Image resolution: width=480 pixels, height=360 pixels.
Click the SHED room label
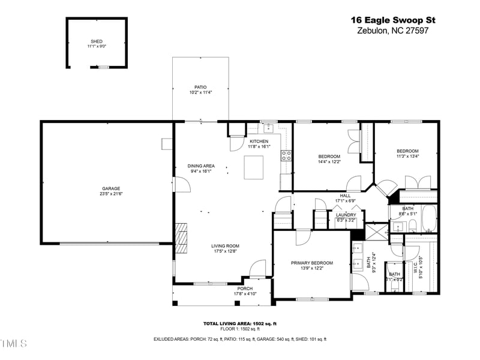tap(96, 41)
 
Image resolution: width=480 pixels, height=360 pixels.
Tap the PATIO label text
tap(200, 87)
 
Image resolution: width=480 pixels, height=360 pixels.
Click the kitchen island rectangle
tap(253, 167)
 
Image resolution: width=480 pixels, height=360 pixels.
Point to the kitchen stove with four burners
tap(286, 156)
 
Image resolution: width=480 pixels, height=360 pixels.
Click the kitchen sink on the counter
tap(266, 128)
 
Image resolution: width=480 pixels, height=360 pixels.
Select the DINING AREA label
tap(200, 166)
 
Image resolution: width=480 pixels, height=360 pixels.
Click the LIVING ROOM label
tap(225, 246)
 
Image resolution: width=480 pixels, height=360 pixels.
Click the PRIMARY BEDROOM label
tap(311, 263)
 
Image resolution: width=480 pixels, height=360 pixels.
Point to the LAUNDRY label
tap(346, 215)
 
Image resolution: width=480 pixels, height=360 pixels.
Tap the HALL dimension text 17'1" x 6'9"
tap(346, 201)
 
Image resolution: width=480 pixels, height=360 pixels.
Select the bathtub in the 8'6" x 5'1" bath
tap(428, 219)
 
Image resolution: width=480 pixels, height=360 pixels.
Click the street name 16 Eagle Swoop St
tap(392, 20)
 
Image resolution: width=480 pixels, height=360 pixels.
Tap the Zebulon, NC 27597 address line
tap(392, 31)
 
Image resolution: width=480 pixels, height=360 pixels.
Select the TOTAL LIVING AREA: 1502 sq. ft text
tap(239, 323)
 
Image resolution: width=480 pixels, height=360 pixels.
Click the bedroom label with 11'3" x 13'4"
tap(407, 151)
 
